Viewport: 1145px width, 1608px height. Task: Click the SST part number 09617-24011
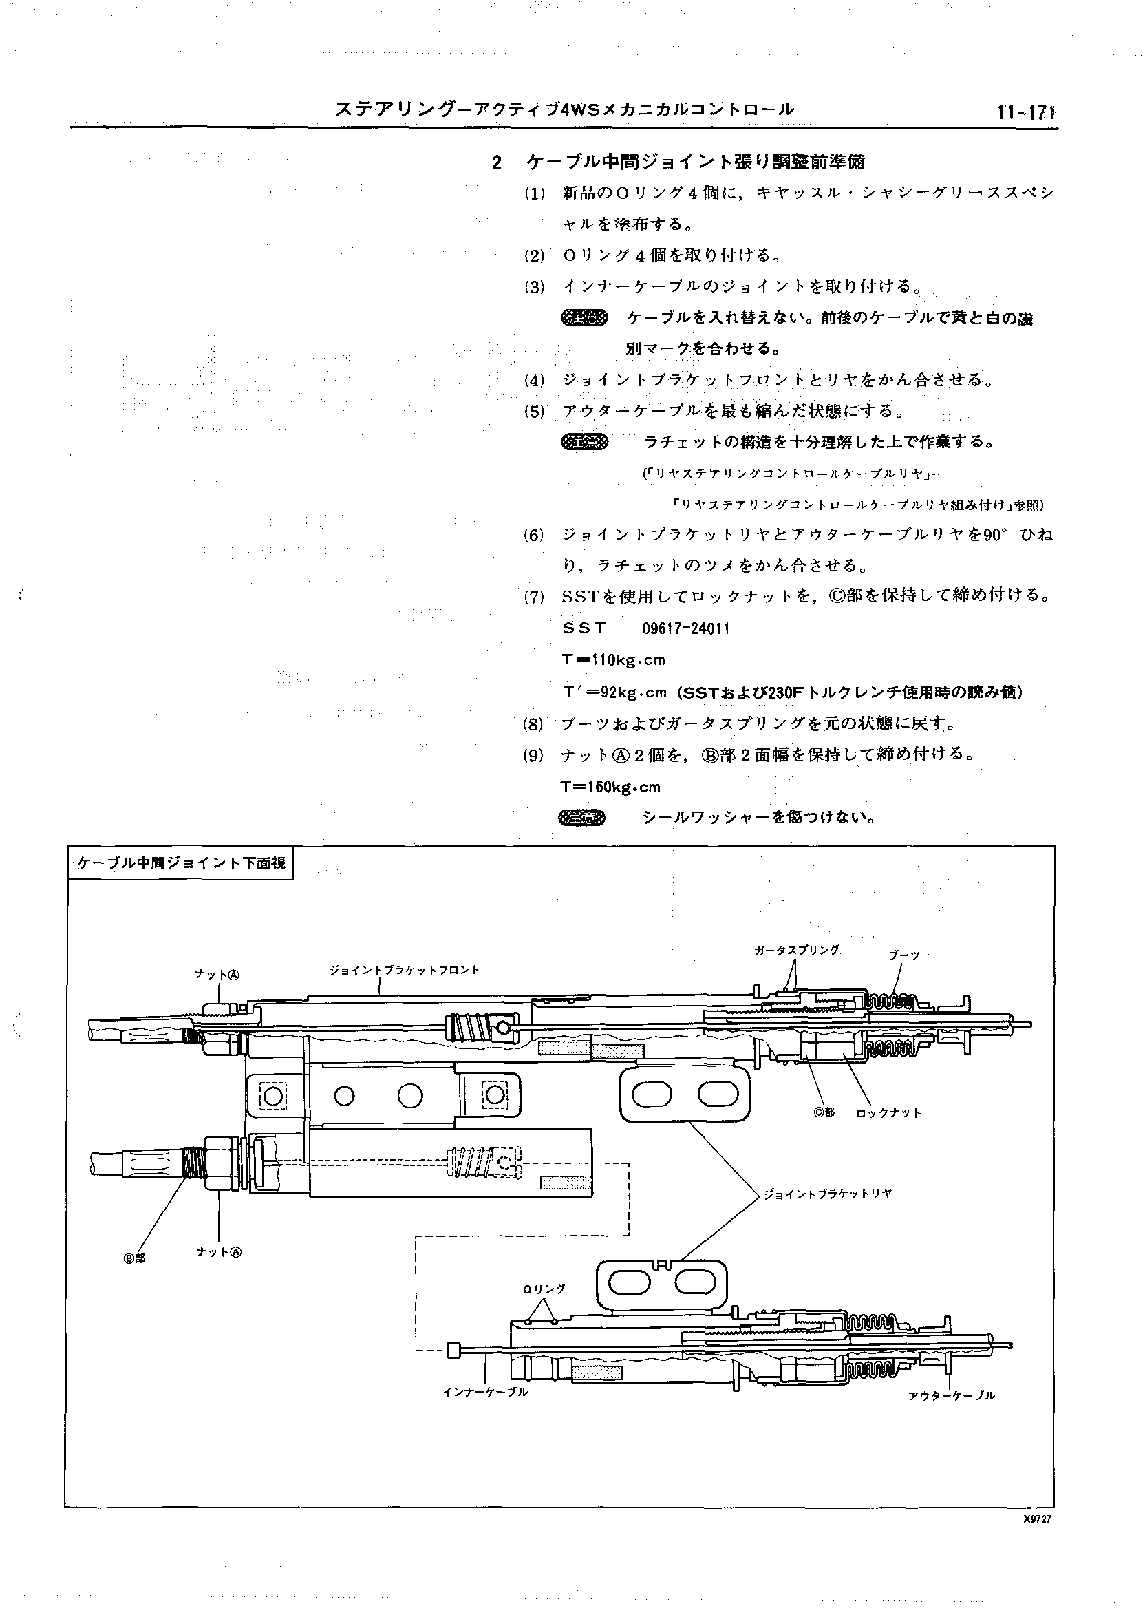pyautogui.click(x=685, y=628)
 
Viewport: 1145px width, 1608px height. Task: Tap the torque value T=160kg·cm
pyautogui.click(x=610, y=786)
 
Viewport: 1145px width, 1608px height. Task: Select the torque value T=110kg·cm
pyautogui.click(x=613, y=660)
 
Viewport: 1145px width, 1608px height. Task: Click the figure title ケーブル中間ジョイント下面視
pyautogui.click(x=181, y=863)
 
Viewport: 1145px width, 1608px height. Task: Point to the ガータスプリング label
pyautogui.click(x=796, y=950)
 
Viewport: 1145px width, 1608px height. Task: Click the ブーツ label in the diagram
pyautogui.click(x=905, y=954)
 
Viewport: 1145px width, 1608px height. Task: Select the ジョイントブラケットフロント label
pyautogui.click(x=404, y=970)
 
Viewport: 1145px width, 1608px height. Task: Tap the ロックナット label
pyautogui.click(x=888, y=1113)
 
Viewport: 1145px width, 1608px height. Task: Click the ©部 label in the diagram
pyautogui.click(x=824, y=1112)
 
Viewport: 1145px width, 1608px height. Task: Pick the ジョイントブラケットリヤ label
pyautogui.click(x=828, y=1194)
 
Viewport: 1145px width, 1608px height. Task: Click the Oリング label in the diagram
pyautogui.click(x=544, y=1289)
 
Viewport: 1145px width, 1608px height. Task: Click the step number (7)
pyautogui.click(x=534, y=597)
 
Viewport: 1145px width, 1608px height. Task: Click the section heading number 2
pyautogui.click(x=497, y=163)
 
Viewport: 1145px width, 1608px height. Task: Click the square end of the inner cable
pyautogui.click(x=454, y=1349)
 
